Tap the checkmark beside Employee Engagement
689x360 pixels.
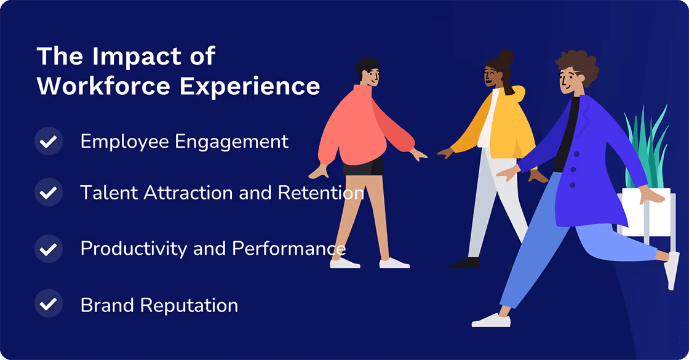49,142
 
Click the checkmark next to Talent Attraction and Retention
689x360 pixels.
49,193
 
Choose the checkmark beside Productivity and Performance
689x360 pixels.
49,249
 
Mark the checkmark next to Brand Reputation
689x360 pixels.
49,305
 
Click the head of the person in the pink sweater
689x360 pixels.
368,71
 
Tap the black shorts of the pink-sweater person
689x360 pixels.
363,166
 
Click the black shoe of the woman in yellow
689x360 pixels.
464,263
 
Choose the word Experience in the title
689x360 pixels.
250,86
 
